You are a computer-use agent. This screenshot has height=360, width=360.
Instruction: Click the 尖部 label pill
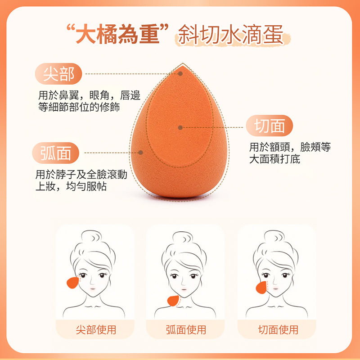pyautogui.click(x=58, y=74)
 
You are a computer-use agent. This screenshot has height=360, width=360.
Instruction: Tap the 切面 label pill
pyautogui.click(x=269, y=126)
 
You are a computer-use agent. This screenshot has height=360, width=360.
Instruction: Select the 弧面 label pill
pyautogui.click(x=55, y=153)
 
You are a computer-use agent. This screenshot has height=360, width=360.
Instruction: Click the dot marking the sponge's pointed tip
pyautogui.click(x=180, y=74)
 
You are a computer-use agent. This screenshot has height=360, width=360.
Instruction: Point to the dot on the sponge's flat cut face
pyautogui.click(x=180, y=127)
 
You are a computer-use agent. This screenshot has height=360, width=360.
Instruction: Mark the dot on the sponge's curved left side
pyautogui.click(x=141, y=153)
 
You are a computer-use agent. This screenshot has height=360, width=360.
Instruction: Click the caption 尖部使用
pyautogui.click(x=96, y=330)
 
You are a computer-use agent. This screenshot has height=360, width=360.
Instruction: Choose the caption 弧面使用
pyautogui.click(x=186, y=330)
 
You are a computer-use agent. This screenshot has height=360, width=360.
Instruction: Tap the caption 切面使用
pyautogui.click(x=278, y=330)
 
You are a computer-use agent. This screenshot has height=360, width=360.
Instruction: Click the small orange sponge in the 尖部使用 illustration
pyautogui.click(x=73, y=283)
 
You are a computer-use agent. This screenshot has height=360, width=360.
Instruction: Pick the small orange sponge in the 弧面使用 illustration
pyautogui.click(x=173, y=301)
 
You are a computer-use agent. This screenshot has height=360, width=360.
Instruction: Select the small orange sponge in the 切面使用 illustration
pyautogui.click(x=261, y=288)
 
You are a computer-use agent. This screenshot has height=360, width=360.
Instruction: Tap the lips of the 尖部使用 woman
pyautogui.click(x=93, y=288)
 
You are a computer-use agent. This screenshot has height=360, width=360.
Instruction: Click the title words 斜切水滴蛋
pyautogui.click(x=230, y=35)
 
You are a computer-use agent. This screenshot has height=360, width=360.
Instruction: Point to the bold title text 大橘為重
pyautogui.click(x=117, y=35)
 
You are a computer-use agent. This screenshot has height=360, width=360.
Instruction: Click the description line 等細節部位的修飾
pyautogui.click(x=79, y=107)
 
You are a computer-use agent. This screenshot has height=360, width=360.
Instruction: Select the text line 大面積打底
pyautogui.click(x=274, y=159)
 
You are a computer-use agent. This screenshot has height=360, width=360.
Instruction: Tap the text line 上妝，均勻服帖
pyautogui.click(x=71, y=186)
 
